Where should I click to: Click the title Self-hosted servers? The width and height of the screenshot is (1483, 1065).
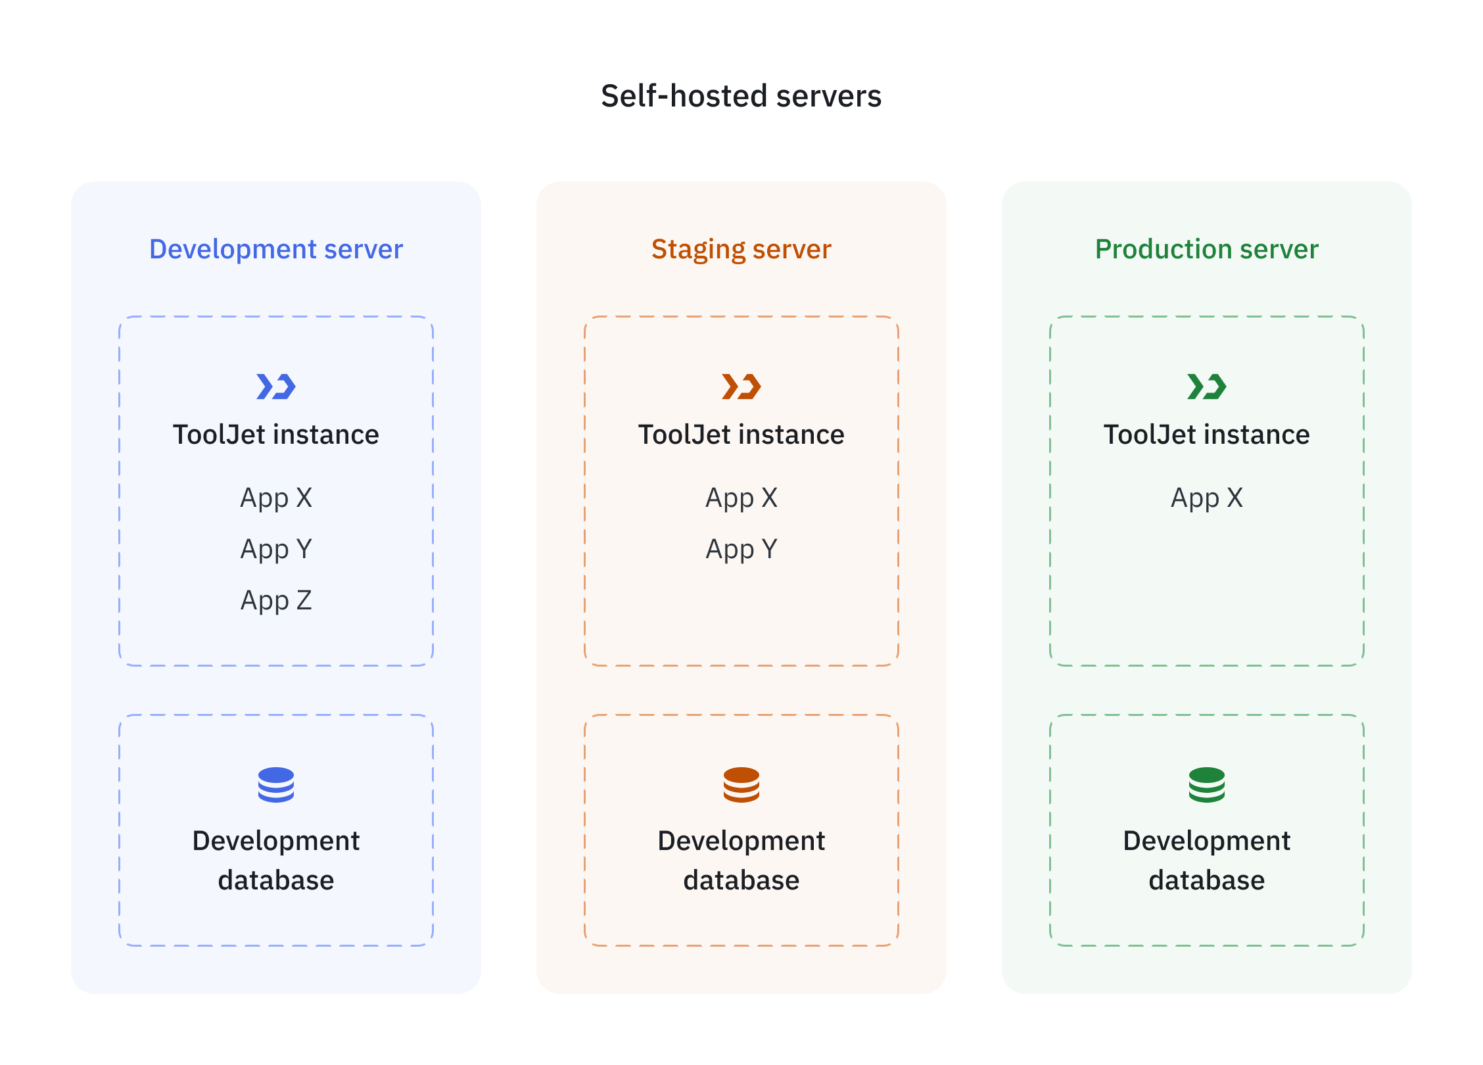[741, 96]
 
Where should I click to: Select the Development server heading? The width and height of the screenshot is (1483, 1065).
[276, 249]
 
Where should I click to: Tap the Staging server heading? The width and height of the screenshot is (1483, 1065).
[741, 249]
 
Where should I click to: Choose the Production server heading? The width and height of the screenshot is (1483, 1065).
[1206, 249]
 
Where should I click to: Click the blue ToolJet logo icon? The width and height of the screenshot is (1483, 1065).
[276, 387]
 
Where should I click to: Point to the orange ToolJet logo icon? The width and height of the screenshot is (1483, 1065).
[741, 387]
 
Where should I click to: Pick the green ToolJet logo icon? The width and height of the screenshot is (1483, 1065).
[1206, 387]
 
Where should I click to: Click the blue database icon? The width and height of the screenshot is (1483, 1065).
[276, 784]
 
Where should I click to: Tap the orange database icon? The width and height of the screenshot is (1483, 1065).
[741, 784]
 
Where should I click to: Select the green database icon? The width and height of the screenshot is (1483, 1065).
[1206, 784]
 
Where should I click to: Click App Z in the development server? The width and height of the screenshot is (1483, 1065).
[276, 600]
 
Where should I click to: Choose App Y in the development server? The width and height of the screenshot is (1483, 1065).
[276, 549]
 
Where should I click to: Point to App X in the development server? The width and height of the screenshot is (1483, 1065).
[276, 498]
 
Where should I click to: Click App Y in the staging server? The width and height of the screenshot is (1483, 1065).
[741, 549]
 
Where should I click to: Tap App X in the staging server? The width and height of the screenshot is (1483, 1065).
[741, 498]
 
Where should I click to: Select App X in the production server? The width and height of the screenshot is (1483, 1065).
[1206, 498]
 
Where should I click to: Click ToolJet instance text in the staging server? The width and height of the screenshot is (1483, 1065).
[741, 435]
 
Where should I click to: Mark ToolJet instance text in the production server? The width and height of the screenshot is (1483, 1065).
[1206, 435]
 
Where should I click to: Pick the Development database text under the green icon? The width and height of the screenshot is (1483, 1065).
[1206, 860]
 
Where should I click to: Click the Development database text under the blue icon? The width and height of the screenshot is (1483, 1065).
[276, 860]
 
